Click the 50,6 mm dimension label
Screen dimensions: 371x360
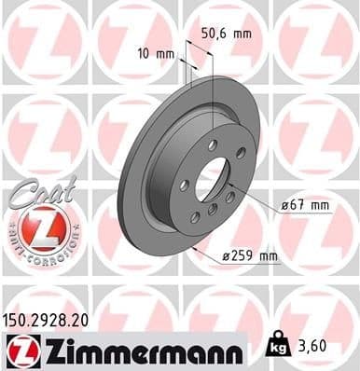[228, 34]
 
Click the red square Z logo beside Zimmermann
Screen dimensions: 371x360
[18, 351]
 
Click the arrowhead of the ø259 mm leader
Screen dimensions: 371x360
[191, 248]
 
